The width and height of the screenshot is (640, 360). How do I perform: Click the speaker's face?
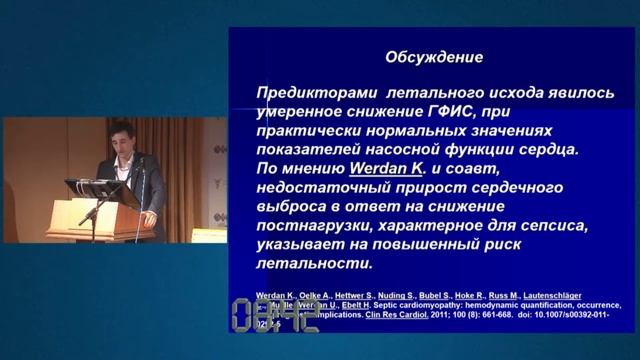tap(122, 138)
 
